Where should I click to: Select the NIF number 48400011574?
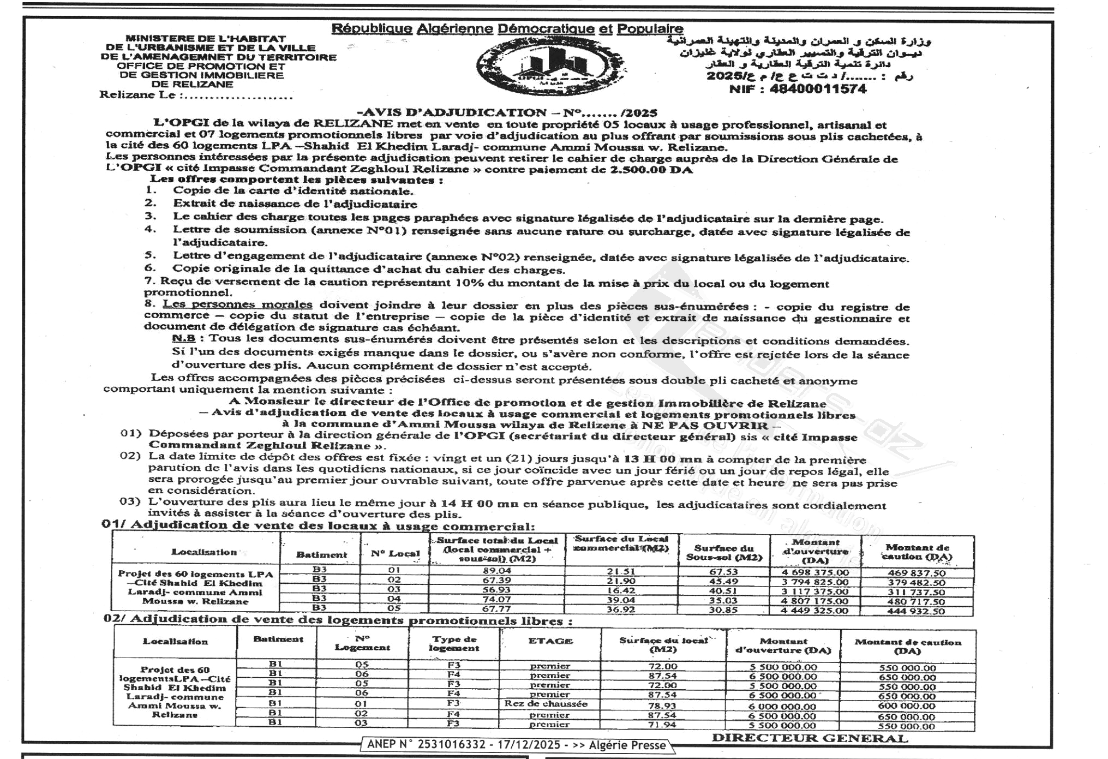pyautogui.click(x=798, y=89)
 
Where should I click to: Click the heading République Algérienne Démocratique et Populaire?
pyautogui.click(x=507, y=28)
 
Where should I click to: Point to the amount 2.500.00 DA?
pyautogui.click(x=651, y=170)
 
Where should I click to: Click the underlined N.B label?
pyautogui.click(x=183, y=339)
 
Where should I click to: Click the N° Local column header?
pyautogui.click(x=395, y=553)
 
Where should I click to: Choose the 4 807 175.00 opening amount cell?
pyautogui.click(x=815, y=601)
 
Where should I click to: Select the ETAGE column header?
pyautogui.click(x=550, y=641)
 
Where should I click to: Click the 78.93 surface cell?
pyautogui.click(x=662, y=706)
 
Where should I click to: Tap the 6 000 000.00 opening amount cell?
pyautogui.click(x=783, y=706)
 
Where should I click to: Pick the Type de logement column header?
pyautogui.click(x=454, y=643)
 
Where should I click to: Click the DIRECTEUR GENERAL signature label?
pyautogui.click(x=810, y=738)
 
